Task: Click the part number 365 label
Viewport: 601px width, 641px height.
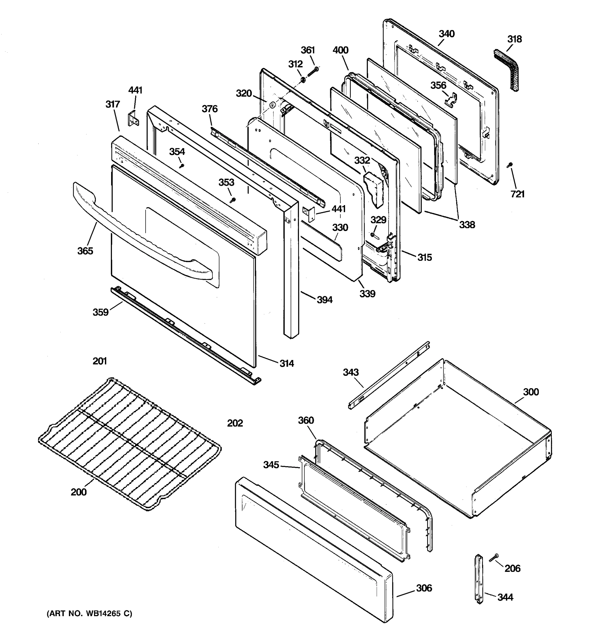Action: tap(85, 251)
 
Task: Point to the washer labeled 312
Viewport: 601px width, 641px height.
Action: tap(303, 79)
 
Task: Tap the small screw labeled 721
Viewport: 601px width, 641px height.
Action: tap(510, 165)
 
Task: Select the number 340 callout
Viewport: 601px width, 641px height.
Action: tap(447, 34)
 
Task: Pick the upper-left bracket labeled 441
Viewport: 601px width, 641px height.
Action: tap(133, 118)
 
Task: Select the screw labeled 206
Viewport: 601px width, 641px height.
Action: tap(494, 557)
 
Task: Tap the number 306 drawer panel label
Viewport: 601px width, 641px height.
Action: tap(424, 588)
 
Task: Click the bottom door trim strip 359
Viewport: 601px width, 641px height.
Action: tap(184, 335)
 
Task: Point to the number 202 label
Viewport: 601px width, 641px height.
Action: tap(235, 423)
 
